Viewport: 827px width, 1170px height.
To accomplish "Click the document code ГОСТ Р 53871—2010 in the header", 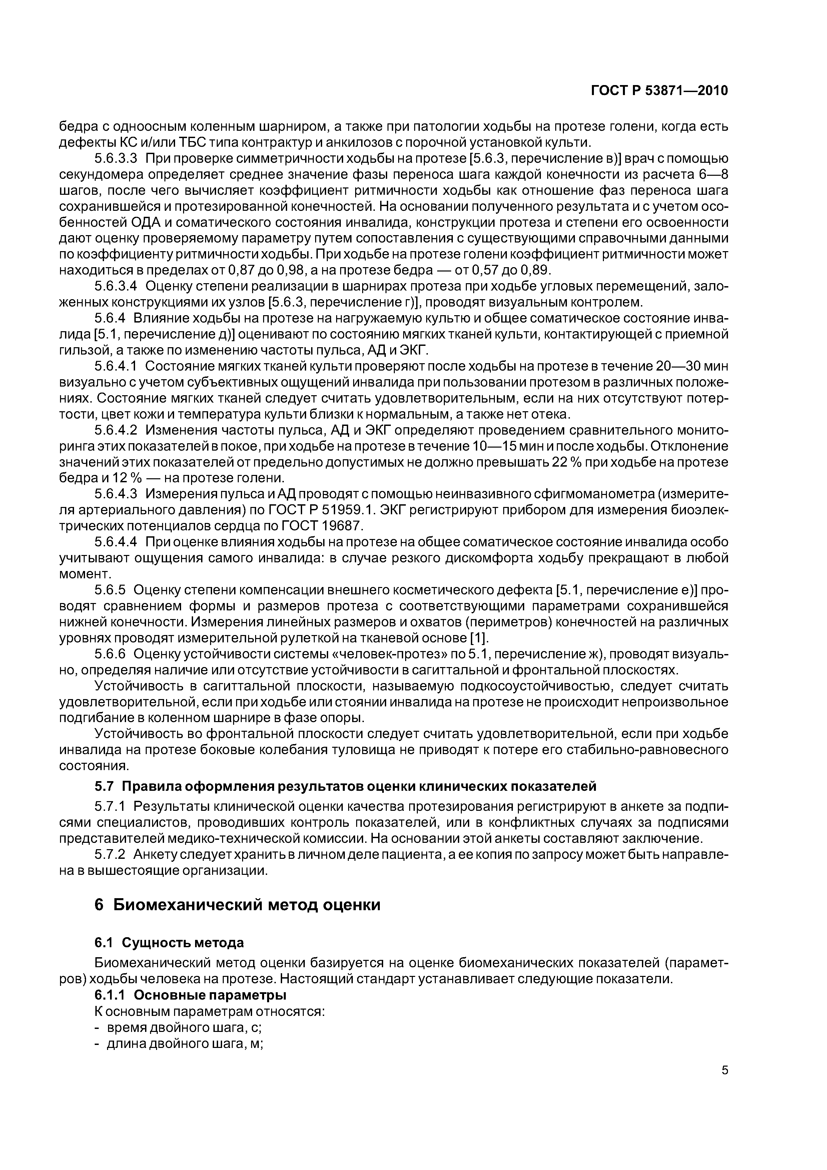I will pyautogui.click(x=659, y=91).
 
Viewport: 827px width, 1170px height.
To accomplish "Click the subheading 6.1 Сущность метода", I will pyautogui.click(x=169, y=943).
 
